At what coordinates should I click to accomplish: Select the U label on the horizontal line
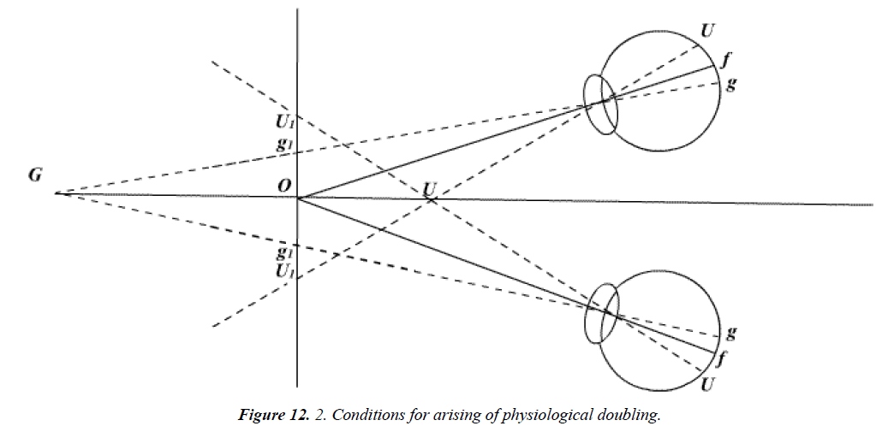[430, 187]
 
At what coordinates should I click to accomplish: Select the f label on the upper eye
[726, 62]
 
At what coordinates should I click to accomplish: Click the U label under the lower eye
[707, 386]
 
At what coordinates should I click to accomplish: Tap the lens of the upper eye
[600, 104]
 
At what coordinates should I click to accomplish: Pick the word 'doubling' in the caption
[634, 416]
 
